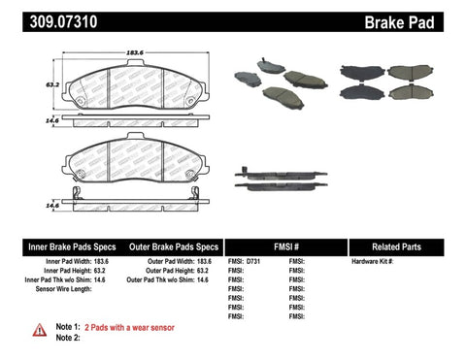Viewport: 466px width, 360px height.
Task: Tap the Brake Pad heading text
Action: tap(419, 17)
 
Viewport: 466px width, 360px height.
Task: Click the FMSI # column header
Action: tap(284, 246)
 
